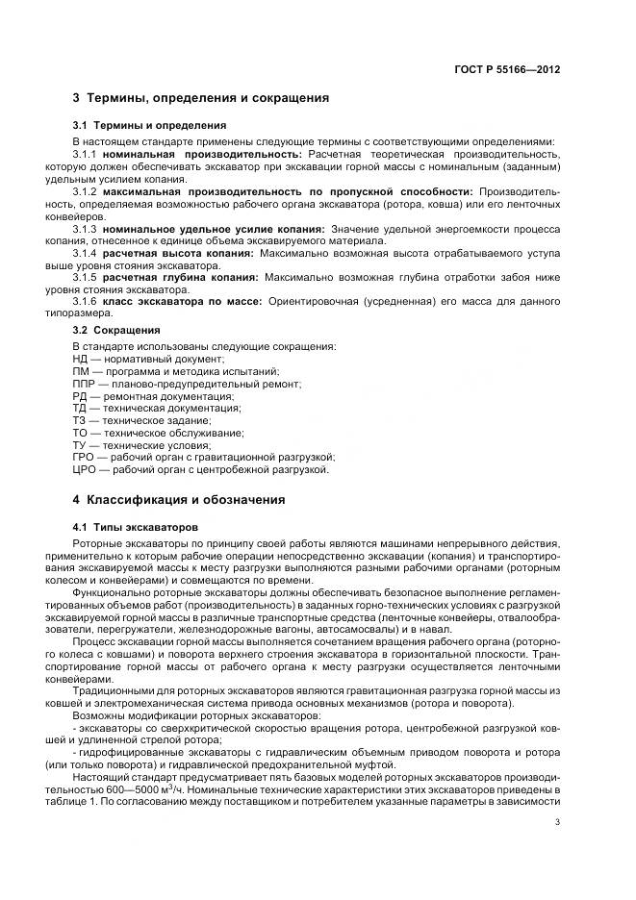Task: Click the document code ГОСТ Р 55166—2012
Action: (x=507, y=69)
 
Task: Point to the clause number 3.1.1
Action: (x=86, y=154)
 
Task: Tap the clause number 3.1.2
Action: (x=86, y=191)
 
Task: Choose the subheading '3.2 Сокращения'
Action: (x=116, y=330)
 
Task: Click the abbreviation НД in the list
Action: (x=81, y=358)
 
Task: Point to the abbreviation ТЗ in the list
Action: (x=79, y=420)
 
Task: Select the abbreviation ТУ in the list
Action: (x=79, y=445)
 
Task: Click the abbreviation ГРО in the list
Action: (x=84, y=458)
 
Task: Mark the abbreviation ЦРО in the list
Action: (x=84, y=470)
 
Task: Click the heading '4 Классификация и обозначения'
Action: (x=179, y=500)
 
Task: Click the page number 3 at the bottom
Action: (x=557, y=822)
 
